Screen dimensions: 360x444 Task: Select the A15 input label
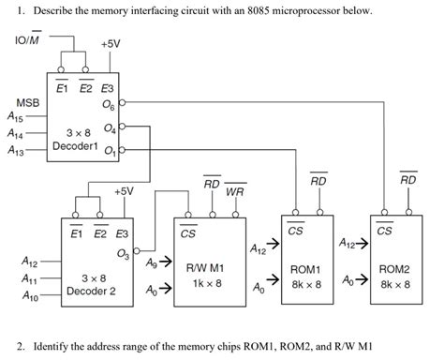(x=18, y=117)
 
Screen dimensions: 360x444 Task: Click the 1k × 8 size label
(x=205, y=282)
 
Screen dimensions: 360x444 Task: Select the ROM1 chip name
(x=306, y=269)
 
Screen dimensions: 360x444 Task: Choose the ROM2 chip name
(x=394, y=268)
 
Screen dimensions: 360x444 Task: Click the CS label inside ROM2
(x=385, y=231)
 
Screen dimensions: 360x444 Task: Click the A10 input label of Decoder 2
(x=30, y=296)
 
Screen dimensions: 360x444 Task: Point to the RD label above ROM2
(x=407, y=179)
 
